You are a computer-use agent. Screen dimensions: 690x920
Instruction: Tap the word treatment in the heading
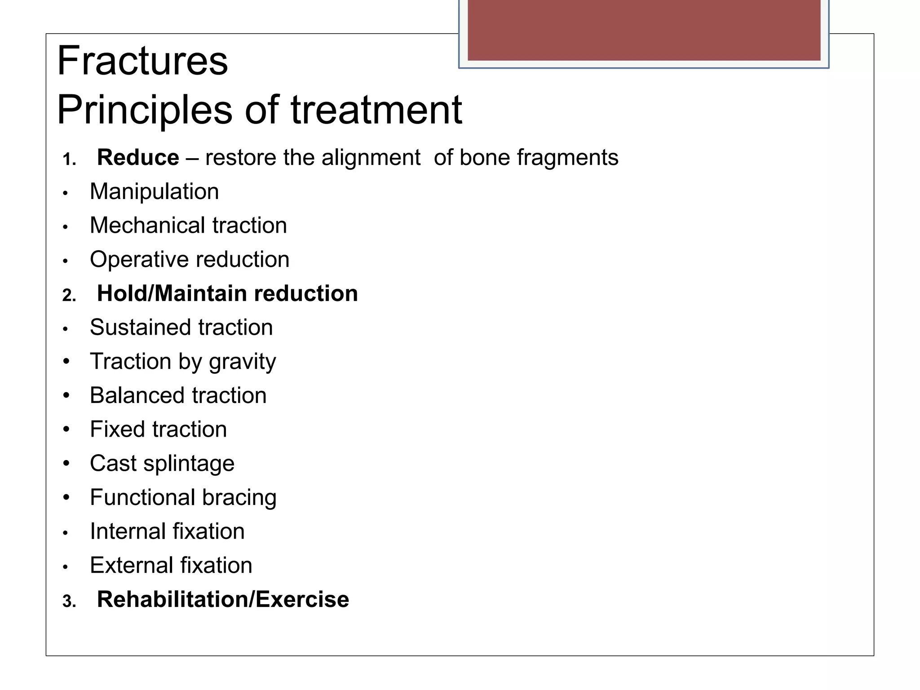click(x=376, y=110)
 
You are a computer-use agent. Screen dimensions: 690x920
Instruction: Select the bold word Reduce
click(x=138, y=158)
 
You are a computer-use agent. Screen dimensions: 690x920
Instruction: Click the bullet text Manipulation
click(x=154, y=192)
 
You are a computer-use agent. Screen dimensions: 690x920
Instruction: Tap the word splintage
click(x=189, y=464)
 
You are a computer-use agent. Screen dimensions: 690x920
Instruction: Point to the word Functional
click(x=142, y=498)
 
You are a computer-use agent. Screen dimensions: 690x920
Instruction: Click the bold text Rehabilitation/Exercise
click(x=223, y=600)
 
